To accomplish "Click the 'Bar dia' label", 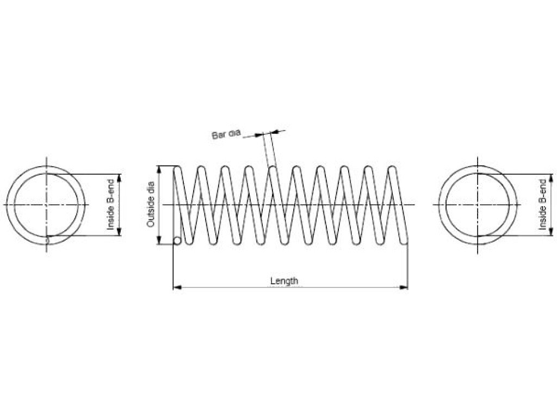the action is coord(226,134).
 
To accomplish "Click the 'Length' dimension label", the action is coord(284,281).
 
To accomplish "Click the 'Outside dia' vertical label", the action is coord(151,205).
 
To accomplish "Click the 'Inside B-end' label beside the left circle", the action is coord(111,205).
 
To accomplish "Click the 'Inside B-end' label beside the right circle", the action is coord(542,205).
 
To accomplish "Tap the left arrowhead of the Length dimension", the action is coord(177,287).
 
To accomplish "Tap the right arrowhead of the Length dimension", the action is coord(404,287).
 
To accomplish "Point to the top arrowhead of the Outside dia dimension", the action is coord(159,170).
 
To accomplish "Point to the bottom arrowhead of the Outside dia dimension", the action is coord(159,240).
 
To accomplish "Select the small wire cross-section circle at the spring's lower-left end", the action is coord(177,241).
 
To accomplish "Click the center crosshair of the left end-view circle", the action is coord(46,205).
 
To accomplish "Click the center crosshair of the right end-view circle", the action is coord(478,205).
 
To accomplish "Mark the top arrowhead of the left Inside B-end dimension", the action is coord(119,179).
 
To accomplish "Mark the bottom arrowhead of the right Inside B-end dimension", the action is coord(551,231).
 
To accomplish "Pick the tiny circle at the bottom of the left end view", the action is coord(47,241).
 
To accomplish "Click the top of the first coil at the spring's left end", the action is coord(177,167).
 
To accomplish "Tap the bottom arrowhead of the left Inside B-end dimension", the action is coord(119,231).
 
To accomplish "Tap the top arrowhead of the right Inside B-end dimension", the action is coord(551,179).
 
